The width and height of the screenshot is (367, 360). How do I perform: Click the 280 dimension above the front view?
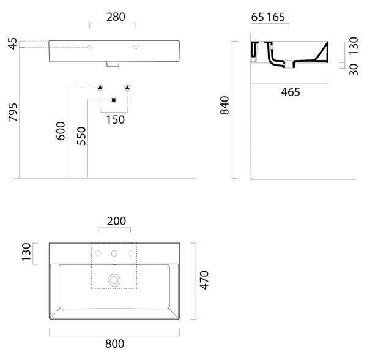click(116, 17)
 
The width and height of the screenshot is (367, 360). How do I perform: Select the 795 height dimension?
click(13, 113)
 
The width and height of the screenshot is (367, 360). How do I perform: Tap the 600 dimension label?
click(61, 131)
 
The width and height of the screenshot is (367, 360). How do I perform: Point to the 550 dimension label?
click(81, 136)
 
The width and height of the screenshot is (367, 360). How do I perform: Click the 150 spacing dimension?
click(116, 119)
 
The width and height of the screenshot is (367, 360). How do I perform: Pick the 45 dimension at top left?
click(13, 43)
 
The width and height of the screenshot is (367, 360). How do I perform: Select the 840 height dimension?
click(224, 105)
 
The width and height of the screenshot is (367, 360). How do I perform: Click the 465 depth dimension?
click(291, 92)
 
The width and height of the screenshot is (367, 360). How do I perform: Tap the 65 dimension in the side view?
click(258, 17)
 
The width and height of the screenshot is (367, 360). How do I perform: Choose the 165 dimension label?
click(276, 17)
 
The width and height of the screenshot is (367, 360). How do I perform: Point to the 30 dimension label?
click(354, 70)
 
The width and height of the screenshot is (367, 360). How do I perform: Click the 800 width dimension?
click(115, 344)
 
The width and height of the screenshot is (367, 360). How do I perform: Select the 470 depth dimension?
click(204, 280)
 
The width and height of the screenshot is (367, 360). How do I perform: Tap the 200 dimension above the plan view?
click(116, 221)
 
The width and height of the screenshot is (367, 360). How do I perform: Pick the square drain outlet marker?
click(114, 100)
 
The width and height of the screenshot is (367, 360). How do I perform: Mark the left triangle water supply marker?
click(100, 88)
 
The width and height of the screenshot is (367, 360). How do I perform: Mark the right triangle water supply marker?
click(127, 88)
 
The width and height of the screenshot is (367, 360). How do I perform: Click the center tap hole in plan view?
click(114, 253)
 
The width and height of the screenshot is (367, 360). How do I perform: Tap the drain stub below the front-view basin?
click(113, 64)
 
